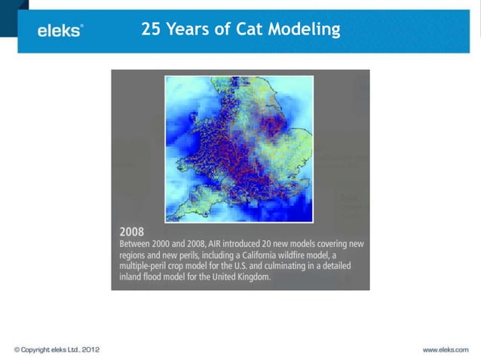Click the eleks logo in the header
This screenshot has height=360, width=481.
tap(60, 31)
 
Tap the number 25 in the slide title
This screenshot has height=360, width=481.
tap(151, 29)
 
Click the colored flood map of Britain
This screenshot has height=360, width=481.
tap(239, 148)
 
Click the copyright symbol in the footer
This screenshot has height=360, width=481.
tap(17, 349)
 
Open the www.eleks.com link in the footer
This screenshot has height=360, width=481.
tap(445, 349)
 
